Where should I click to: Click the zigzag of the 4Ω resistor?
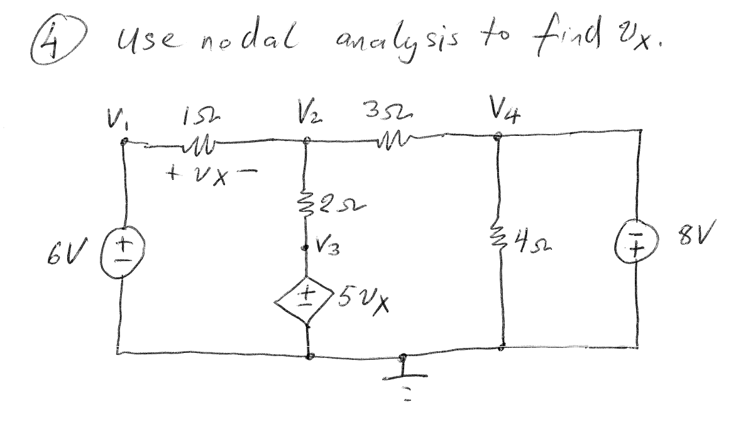pyautogui.click(x=502, y=238)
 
